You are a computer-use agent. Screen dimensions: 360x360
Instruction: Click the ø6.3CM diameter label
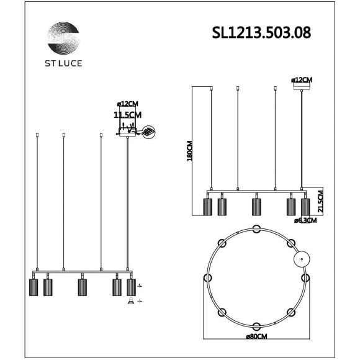tap(305, 220)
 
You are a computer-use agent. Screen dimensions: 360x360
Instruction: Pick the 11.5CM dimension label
tap(128, 115)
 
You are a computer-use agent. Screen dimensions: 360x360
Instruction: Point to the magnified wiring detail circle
tap(148, 132)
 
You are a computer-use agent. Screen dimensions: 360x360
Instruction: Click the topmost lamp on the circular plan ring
tap(256, 230)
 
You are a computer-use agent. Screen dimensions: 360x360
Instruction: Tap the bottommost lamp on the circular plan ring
tap(256, 325)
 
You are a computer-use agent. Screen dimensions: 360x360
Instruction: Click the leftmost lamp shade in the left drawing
tap(34, 287)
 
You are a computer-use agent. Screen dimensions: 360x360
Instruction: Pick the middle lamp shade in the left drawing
tap(81, 287)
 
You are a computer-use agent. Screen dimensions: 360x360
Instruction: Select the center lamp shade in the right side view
tap(255, 206)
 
